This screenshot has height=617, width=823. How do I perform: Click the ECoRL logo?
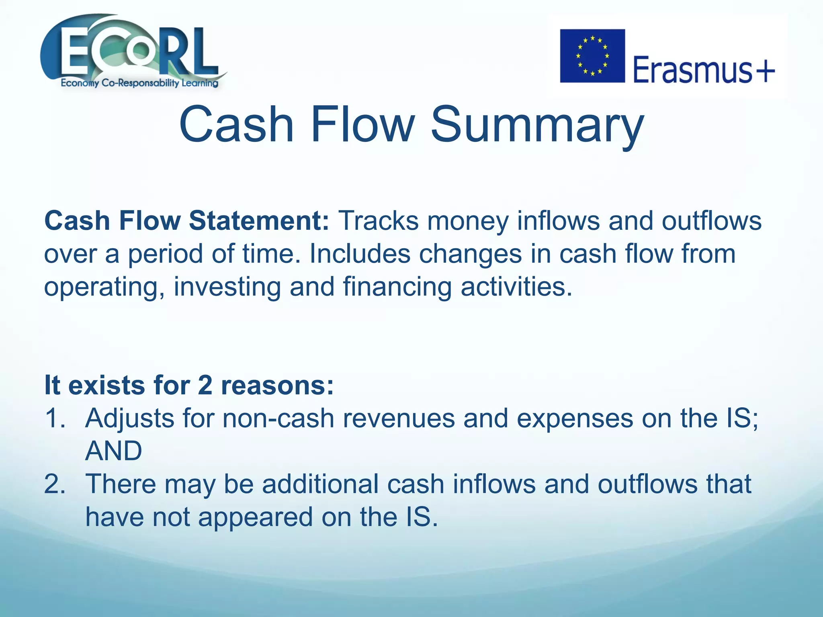[x=133, y=50]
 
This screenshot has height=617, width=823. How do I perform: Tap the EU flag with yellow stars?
[x=592, y=56]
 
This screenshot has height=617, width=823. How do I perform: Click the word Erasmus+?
[x=704, y=69]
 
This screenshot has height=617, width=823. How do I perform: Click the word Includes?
[x=359, y=254]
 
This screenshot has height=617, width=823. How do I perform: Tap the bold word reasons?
[x=277, y=385]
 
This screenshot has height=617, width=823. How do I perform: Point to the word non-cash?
[x=278, y=418]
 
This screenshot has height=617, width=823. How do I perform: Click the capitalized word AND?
[x=114, y=451]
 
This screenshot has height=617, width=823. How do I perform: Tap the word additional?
[x=320, y=484]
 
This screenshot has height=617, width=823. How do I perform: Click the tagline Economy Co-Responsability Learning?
[x=139, y=83]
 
